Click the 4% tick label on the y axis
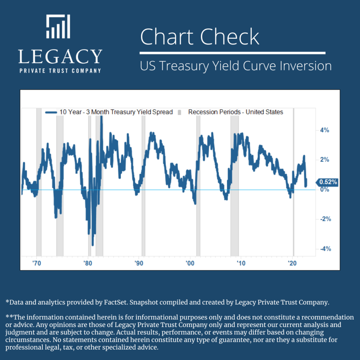[324, 130]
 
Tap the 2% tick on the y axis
[324, 160]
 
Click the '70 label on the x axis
[36, 263]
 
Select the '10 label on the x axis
[241, 263]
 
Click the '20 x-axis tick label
[292, 263]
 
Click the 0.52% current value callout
[328, 182]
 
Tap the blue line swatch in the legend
[51, 112]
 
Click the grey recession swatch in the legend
[179, 112]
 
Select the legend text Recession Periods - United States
[236, 112]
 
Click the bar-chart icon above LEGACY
[58, 26]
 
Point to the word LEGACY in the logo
[60, 57]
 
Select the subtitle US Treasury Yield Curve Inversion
[236, 66]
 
